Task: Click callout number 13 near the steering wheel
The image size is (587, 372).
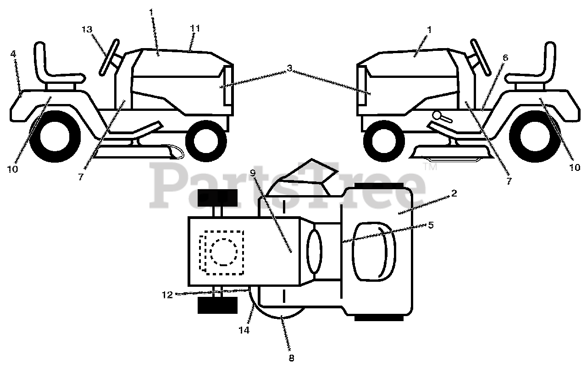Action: point(87,29)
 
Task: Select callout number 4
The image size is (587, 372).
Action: point(13,53)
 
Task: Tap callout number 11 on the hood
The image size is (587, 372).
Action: point(195,28)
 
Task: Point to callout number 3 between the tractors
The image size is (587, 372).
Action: point(289,68)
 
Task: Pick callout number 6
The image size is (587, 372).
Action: point(505,58)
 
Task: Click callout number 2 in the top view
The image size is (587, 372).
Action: point(454,193)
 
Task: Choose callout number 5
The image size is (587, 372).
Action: point(430,225)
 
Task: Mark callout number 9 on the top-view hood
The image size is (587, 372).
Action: point(252,174)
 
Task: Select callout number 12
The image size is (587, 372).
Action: point(167,295)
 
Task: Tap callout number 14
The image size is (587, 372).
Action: point(244,329)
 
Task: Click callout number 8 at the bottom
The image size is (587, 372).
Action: point(291,358)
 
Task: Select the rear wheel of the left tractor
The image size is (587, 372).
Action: point(55,137)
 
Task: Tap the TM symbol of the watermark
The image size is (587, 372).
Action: point(430,167)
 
